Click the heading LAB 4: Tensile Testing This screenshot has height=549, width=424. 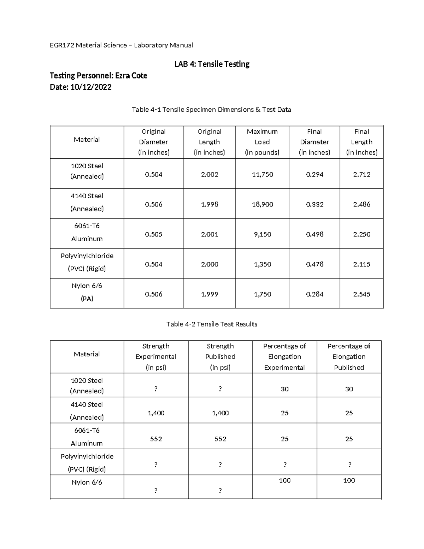pos(212,64)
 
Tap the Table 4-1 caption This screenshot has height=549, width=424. pos(211,110)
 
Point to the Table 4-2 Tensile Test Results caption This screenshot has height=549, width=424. pos(212,324)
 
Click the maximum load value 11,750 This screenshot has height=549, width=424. pos(262,174)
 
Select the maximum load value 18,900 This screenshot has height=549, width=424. pos(262,204)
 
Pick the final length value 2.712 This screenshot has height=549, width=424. pos(361,174)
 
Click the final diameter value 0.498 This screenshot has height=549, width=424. pos(314,234)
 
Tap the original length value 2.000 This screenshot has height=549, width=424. pos(210,264)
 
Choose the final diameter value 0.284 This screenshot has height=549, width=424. pos(314,294)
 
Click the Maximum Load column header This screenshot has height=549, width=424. pos(262,142)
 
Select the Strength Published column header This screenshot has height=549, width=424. pos(220,357)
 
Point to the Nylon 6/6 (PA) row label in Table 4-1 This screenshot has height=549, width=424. pos(87,292)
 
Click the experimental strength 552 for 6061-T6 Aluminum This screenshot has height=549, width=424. pos(156,439)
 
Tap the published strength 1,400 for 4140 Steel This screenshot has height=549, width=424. pos(220,413)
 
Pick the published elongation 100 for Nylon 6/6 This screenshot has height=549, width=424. pos(349,480)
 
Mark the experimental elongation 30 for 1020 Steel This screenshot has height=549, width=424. pos(284,389)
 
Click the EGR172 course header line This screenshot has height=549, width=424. pos(121,45)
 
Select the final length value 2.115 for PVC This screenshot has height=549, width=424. pos(361,264)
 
